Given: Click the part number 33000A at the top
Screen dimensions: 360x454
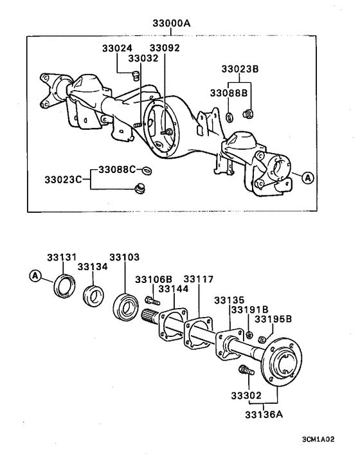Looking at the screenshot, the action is (x=172, y=23).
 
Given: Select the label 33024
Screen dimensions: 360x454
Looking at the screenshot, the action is (x=117, y=48).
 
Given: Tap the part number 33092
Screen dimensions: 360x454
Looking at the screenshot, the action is (x=165, y=48).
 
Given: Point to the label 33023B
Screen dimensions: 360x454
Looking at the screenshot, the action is (x=240, y=69).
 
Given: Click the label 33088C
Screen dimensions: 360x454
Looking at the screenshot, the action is (x=117, y=169).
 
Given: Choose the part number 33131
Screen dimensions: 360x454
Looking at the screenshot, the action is (x=62, y=257).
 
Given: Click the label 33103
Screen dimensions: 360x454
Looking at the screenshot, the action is (x=125, y=257).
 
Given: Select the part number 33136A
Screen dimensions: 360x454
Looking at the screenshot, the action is (x=264, y=414).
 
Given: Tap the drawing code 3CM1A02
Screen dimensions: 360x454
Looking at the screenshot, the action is (x=318, y=439).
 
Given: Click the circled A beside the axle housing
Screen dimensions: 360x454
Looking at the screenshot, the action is (x=308, y=177).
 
